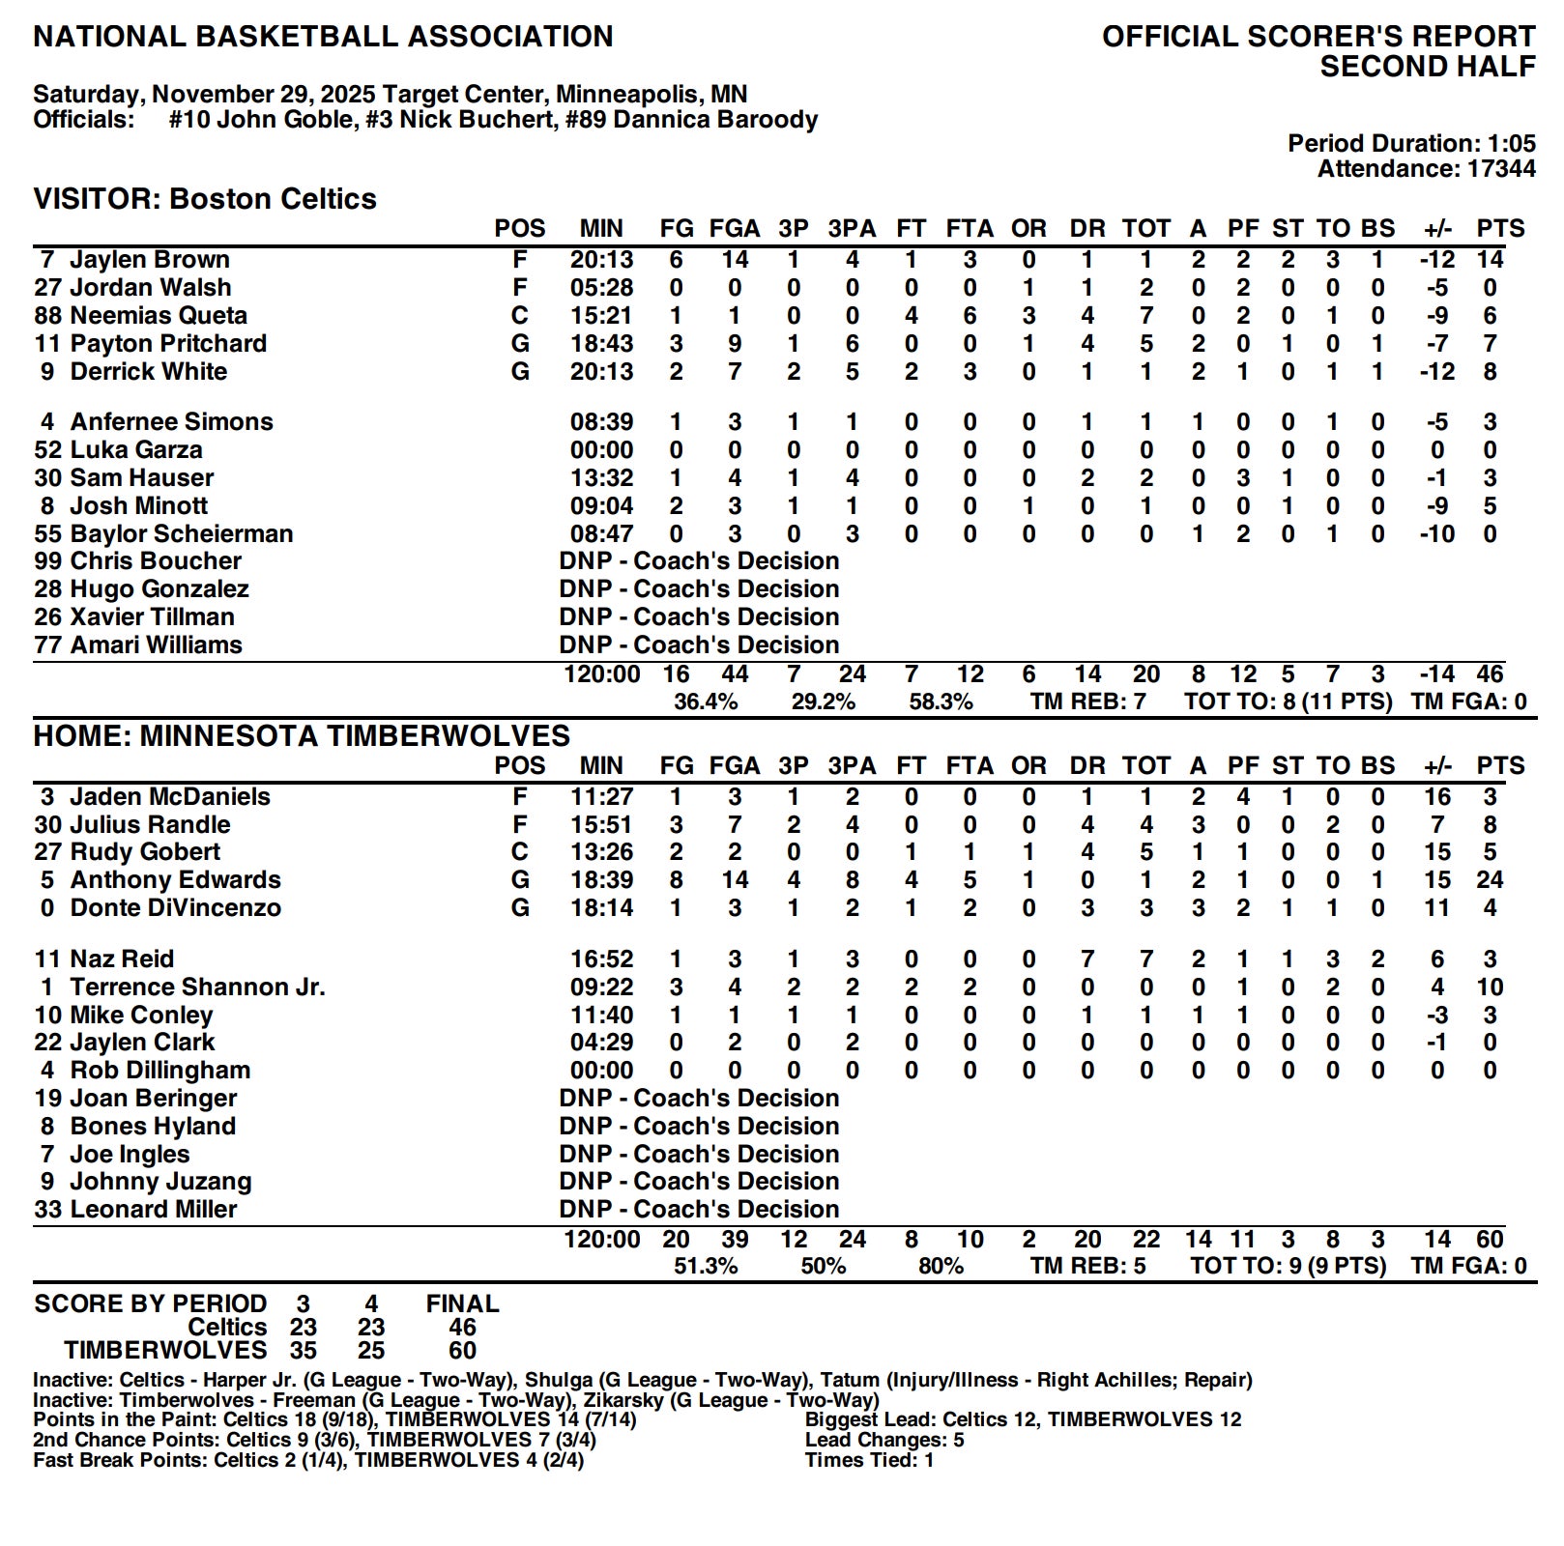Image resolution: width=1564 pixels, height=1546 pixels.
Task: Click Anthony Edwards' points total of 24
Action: [x=1490, y=880]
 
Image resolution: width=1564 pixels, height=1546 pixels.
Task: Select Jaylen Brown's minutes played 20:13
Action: [x=600, y=260]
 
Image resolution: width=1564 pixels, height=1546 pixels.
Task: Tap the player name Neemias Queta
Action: [x=159, y=316]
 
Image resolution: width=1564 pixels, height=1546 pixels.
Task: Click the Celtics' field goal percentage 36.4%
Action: [x=706, y=702]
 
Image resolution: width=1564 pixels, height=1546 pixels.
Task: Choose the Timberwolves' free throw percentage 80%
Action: [x=941, y=1267]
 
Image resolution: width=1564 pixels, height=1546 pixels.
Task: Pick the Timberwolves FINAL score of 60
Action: [x=462, y=1351]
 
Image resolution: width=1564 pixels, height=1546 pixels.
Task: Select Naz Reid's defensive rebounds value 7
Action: [x=1087, y=959]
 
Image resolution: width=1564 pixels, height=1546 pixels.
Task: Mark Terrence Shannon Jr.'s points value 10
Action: [x=1490, y=988]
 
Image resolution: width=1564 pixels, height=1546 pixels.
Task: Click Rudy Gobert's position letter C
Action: [x=520, y=852]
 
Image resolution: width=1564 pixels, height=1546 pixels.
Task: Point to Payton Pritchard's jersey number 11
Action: [x=48, y=344]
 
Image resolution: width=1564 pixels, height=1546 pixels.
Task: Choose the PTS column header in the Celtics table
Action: [x=1500, y=229]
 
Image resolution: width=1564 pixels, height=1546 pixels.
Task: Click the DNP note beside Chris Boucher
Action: [x=699, y=561]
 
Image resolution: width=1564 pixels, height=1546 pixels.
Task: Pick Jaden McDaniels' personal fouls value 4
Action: [x=1243, y=797]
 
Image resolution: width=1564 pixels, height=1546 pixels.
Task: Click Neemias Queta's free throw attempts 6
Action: [x=970, y=316]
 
